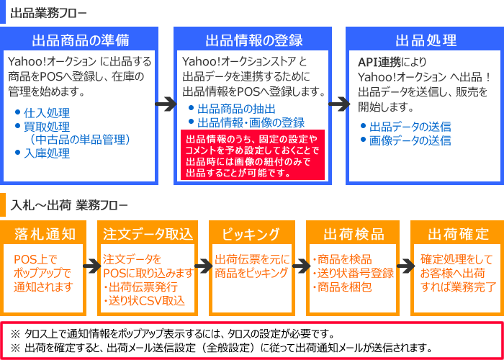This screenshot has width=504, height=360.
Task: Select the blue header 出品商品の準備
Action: click(x=80, y=40)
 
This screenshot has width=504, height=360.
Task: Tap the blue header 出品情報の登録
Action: click(x=253, y=40)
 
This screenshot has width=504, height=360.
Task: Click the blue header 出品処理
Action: click(x=426, y=40)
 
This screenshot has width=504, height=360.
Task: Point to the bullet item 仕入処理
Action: click(x=47, y=113)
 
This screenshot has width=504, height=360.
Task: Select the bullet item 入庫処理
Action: click(x=47, y=153)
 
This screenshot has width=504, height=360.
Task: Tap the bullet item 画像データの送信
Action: click(x=410, y=140)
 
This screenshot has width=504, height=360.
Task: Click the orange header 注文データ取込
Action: click(x=148, y=234)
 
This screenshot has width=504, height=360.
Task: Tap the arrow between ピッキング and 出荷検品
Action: click(x=298, y=267)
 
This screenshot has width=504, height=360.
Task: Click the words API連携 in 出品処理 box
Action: click(x=380, y=61)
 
